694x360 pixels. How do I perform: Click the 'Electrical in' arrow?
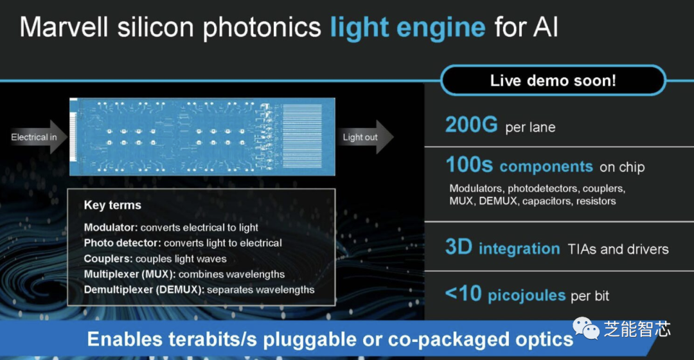[38, 137]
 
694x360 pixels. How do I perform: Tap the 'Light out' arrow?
[365, 137]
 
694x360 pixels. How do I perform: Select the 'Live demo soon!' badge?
[553, 80]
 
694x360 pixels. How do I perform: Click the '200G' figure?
[472, 125]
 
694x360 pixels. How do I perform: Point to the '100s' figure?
[468, 165]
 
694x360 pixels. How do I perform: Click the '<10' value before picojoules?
[463, 293]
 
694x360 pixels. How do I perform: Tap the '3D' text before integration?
[459, 247]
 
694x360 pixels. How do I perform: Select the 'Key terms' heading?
[112, 205]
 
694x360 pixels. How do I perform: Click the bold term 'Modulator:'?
[111, 228]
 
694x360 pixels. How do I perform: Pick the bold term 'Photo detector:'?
[123, 243]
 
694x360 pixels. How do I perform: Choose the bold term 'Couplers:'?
[109, 258]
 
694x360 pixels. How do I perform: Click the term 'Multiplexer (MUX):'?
[130, 274]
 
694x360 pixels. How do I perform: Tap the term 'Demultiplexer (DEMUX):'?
[145, 290]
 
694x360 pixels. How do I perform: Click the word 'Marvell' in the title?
[64, 27]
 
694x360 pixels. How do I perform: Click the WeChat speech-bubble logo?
[586, 328]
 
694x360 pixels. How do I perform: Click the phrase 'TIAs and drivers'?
[618, 249]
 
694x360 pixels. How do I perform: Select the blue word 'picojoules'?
[527, 295]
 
